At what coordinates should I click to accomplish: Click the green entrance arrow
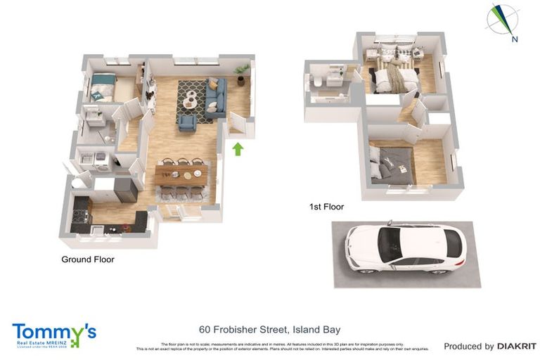[x=238, y=148]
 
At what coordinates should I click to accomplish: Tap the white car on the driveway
[x=406, y=250]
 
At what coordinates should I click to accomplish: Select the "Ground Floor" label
[x=88, y=259]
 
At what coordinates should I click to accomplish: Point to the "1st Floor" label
[x=326, y=207]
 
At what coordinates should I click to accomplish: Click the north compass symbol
[x=503, y=21]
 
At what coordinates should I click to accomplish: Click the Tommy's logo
[x=53, y=335]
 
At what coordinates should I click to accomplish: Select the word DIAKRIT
[x=517, y=346]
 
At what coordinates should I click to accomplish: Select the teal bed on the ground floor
[x=102, y=87]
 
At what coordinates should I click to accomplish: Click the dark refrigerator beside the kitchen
[x=127, y=188]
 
